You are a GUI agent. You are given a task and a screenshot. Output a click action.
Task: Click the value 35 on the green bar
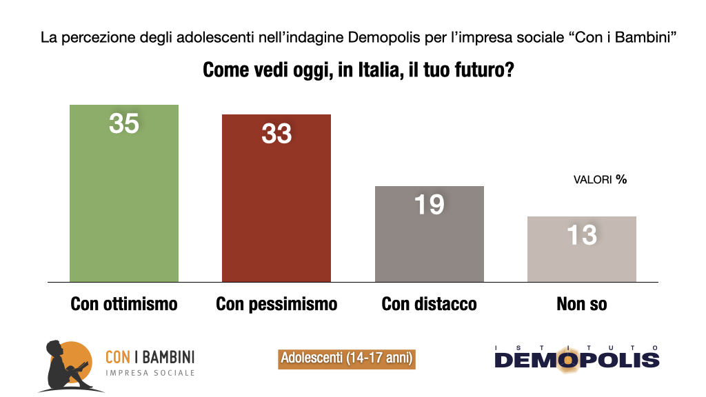click(x=124, y=124)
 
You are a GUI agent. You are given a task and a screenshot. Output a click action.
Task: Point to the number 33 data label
click(x=276, y=134)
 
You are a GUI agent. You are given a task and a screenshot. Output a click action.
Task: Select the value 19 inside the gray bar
click(x=429, y=205)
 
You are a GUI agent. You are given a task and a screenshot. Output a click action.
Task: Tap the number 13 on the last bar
click(x=581, y=236)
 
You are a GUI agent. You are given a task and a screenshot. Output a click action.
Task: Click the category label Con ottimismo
click(x=124, y=304)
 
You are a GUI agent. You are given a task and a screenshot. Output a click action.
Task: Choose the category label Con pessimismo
click(x=276, y=304)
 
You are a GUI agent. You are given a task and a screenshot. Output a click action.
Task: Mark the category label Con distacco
click(x=429, y=304)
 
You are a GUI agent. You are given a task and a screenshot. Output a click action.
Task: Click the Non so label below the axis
click(x=581, y=304)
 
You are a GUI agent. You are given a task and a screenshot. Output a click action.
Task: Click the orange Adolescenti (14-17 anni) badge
click(x=347, y=358)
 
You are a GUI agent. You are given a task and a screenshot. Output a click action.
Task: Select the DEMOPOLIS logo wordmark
click(x=576, y=359)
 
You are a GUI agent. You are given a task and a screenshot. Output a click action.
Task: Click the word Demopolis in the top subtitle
click(x=383, y=37)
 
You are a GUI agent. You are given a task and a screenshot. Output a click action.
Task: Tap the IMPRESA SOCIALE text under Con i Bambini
click(x=150, y=373)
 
